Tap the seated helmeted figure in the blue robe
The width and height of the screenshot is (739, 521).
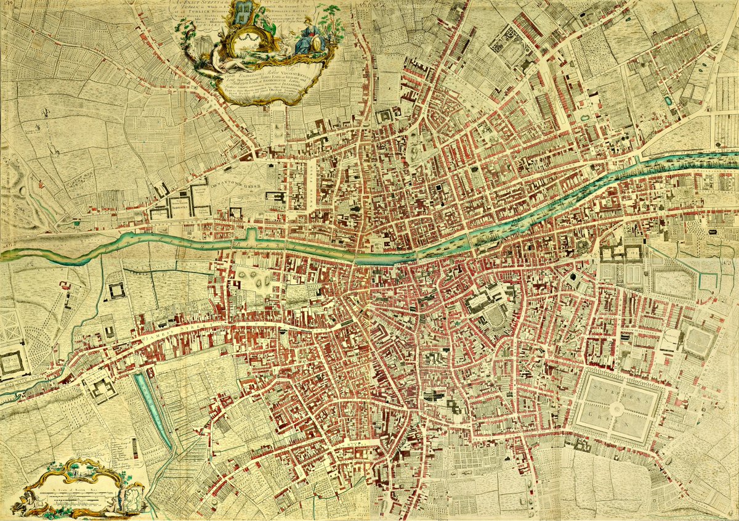click(x=306, y=38)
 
